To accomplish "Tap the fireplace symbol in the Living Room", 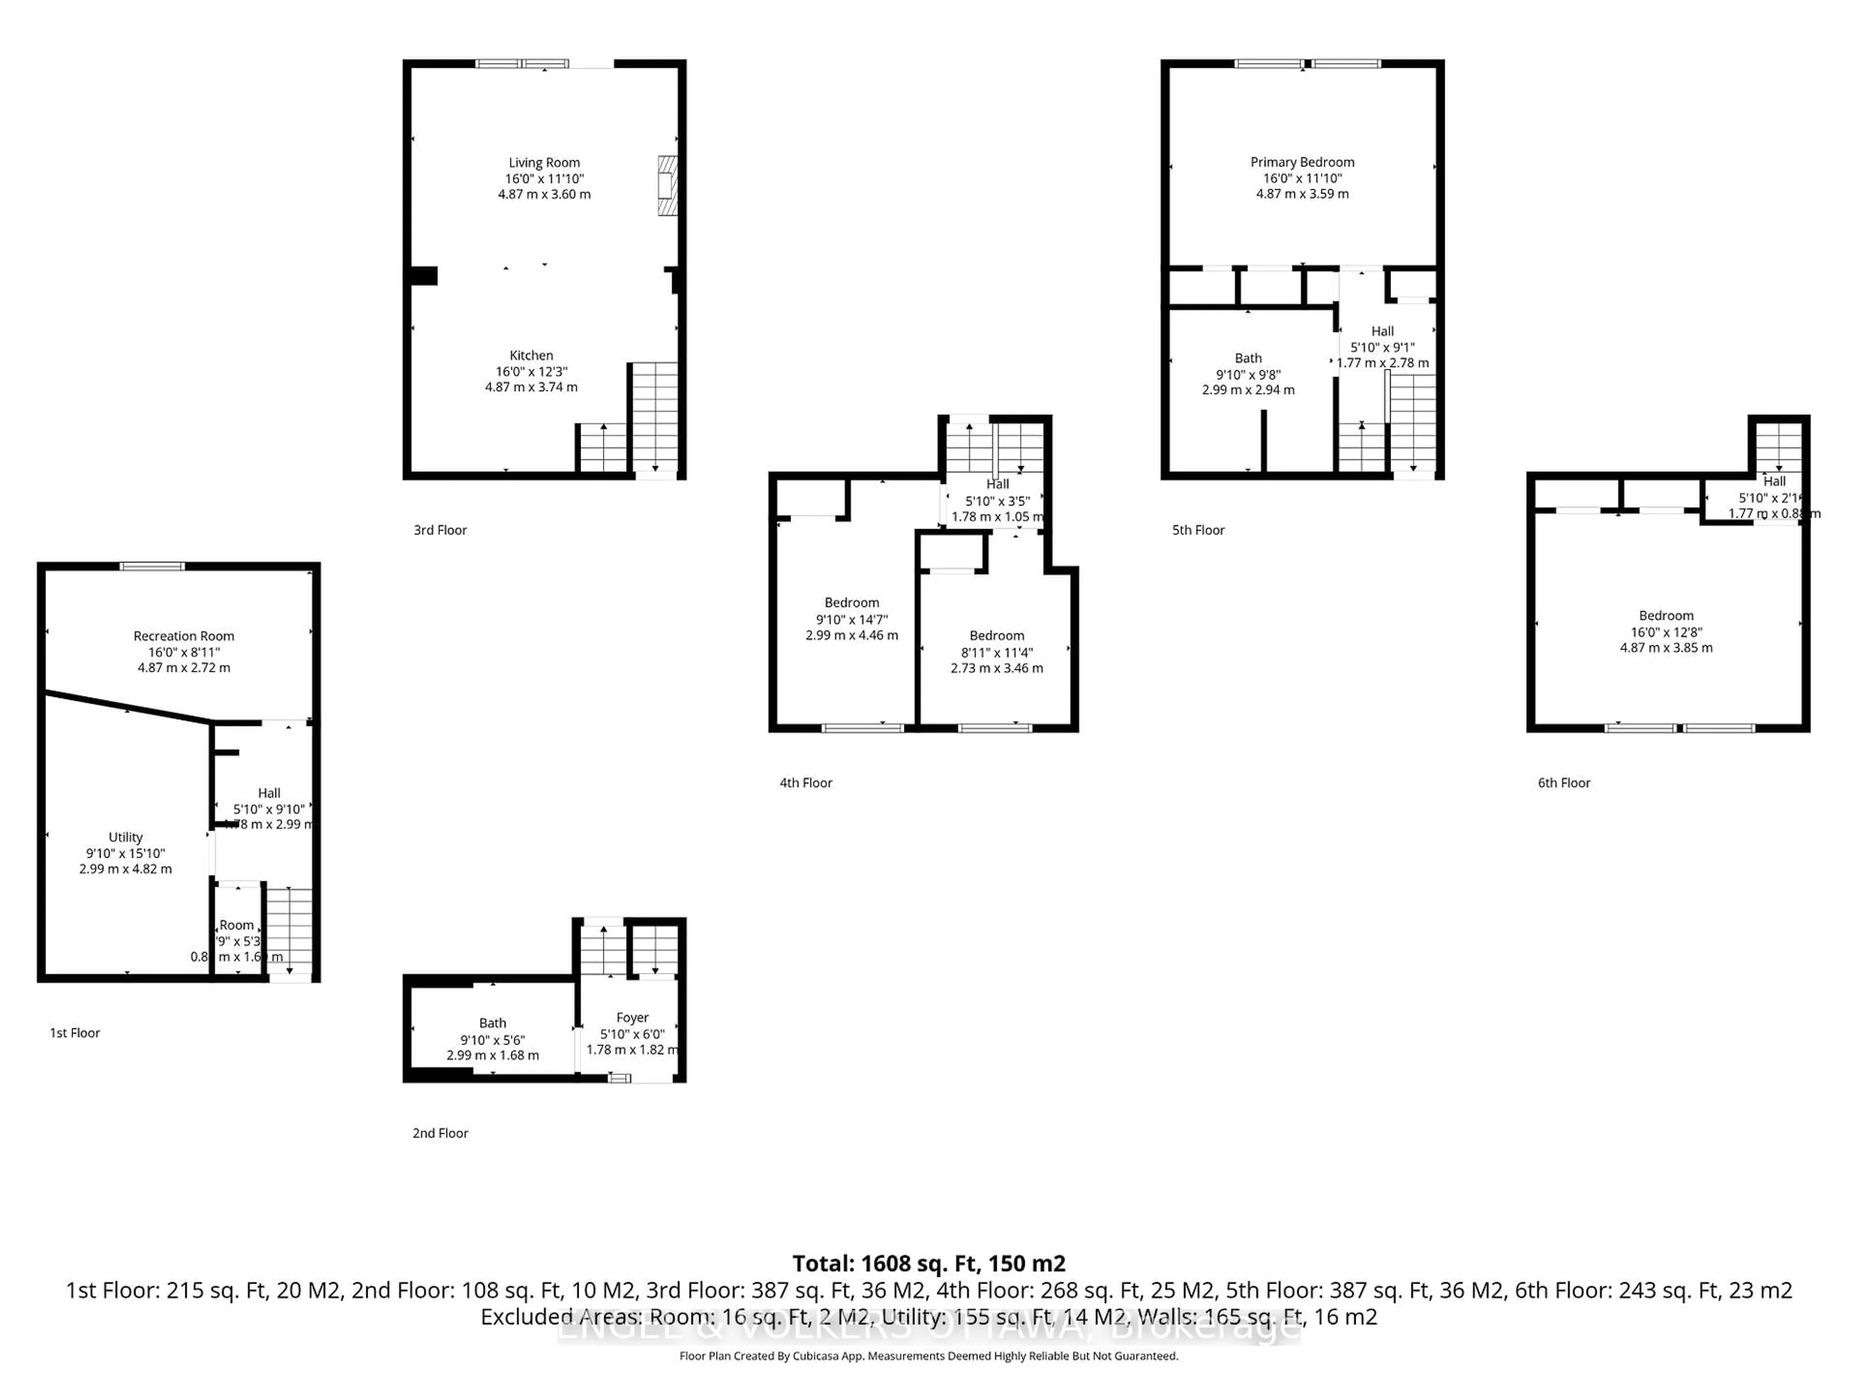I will [667, 186].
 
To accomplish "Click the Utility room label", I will [125, 837].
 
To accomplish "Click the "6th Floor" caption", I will [1564, 782].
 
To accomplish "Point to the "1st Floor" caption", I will [75, 1033].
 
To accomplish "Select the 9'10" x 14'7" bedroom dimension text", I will [852, 619].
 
